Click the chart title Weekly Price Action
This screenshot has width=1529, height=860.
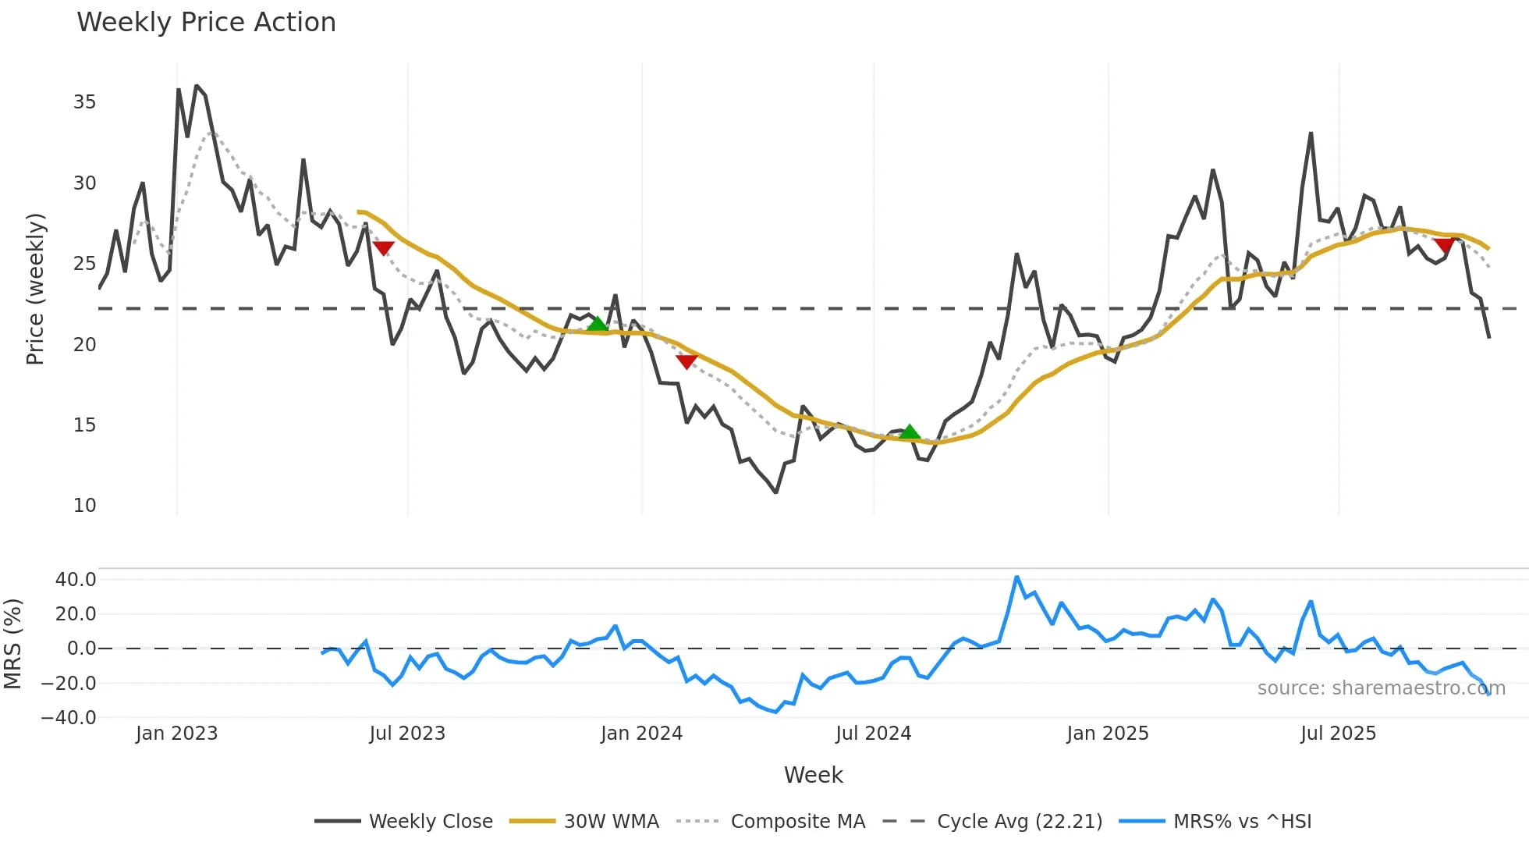coord(206,23)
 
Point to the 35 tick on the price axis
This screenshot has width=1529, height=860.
coord(84,102)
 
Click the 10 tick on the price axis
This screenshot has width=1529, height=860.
coord(84,506)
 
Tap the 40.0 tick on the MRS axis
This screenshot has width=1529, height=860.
coord(76,580)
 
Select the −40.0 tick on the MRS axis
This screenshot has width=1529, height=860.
coord(69,718)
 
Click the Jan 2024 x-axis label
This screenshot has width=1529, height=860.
coord(641,734)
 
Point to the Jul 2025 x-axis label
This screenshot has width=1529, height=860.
coord(1338,734)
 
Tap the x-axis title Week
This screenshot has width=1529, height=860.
coord(813,775)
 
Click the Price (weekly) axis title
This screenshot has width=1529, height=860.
coord(35,289)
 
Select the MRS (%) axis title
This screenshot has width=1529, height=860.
coord(12,644)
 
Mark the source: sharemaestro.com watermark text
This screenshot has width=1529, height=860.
coord(1381,688)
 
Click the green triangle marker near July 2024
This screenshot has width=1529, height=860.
coord(910,432)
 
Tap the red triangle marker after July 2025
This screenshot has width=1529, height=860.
coord(1444,246)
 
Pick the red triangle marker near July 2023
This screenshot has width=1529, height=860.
coord(383,248)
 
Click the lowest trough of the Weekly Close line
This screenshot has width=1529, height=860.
coord(775,492)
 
